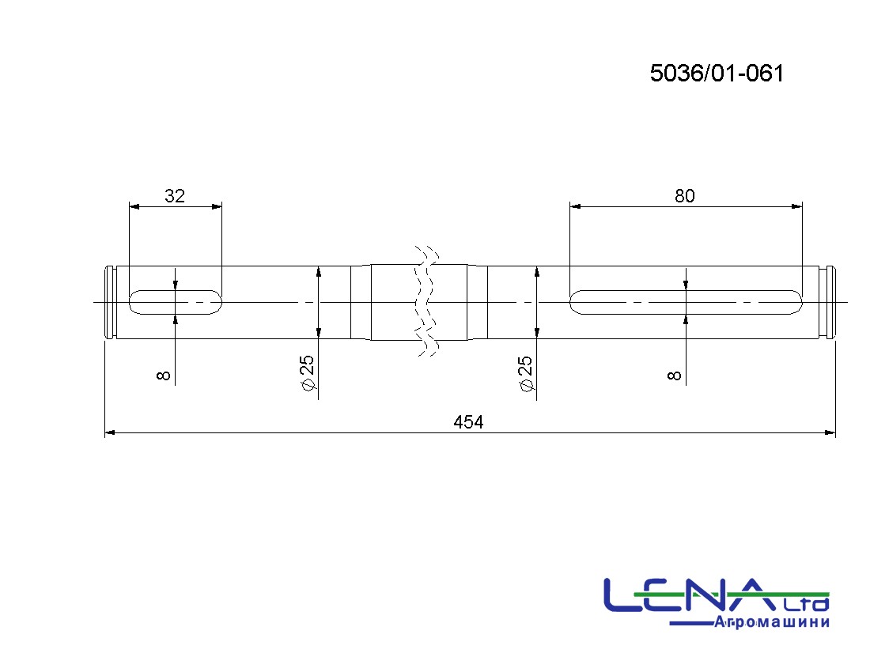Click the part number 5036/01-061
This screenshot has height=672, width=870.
(717, 74)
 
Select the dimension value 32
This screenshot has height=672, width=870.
(175, 196)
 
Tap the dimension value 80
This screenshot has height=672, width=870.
(685, 196)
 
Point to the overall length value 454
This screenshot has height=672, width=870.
(468, 422)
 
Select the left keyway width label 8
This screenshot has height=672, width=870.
(163, 376)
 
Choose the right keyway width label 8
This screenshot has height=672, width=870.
(674, 376)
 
